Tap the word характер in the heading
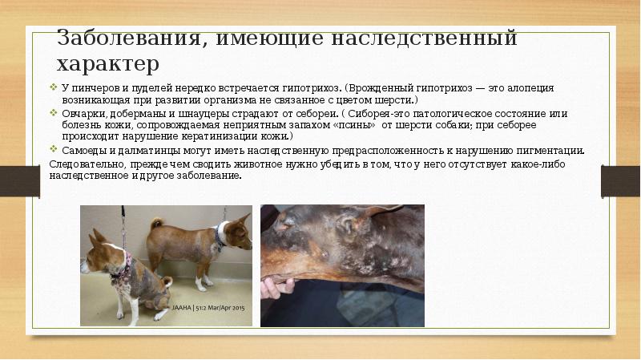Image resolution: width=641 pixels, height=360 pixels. pos(107,63)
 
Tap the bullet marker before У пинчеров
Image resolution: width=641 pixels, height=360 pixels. pos(54,87)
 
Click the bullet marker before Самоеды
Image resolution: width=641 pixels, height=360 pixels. pos(54,151)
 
